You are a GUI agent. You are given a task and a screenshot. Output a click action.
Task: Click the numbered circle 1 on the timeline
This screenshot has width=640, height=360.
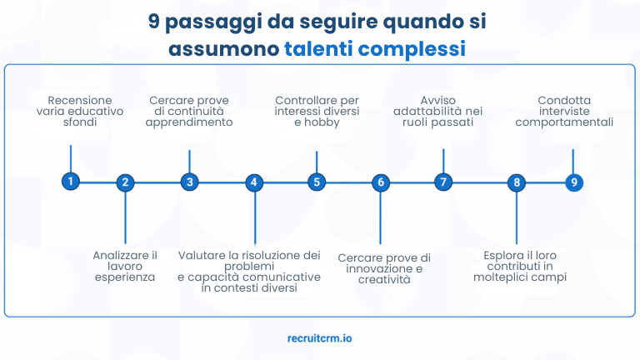click(x=71, y=181)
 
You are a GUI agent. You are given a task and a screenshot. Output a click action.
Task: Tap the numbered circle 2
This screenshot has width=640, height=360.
click(x=125, y=182)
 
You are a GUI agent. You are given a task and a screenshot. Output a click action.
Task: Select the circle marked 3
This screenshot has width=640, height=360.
click(x=189, y=181)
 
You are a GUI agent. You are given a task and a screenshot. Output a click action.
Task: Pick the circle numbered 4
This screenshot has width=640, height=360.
click(x=254, y=182)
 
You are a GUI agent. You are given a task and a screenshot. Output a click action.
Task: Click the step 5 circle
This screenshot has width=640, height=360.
click(x=316, y=181)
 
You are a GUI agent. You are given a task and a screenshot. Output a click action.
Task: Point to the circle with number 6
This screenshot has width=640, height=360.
click(x=381, y=182)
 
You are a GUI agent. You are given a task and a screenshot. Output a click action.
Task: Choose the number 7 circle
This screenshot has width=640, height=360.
click(x=443, y=181)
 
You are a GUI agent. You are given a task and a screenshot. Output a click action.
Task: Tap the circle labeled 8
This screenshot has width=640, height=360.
click(x=517, y=182)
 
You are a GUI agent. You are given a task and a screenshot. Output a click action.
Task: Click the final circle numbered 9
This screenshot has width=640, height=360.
click(x=573, y=182)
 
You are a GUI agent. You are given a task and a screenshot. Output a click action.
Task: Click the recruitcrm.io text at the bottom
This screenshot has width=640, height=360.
click(x=319, y=339)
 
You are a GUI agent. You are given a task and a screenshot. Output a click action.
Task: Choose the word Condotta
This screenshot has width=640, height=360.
click(x=564, y=100)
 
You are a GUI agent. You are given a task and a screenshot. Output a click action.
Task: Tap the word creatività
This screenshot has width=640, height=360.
click(x=385, y=280)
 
